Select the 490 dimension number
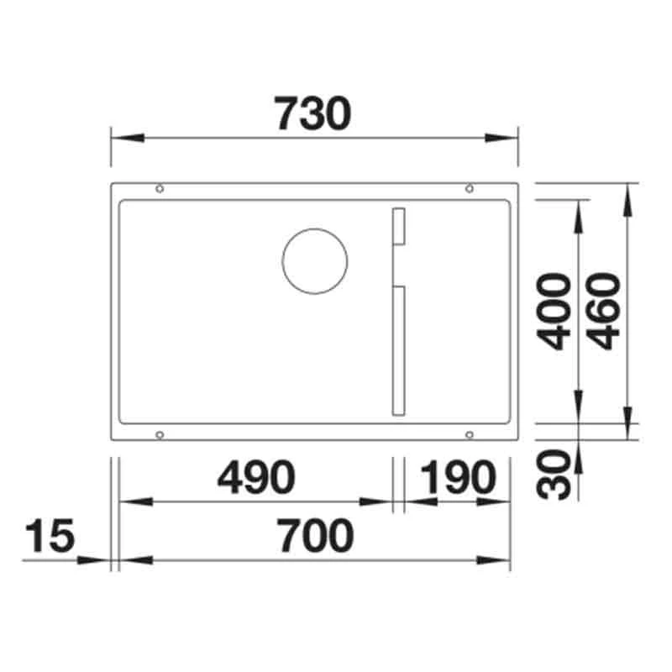point(256,479)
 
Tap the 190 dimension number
point(454,479)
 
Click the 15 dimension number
point(50,536)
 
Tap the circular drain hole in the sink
point(315,260)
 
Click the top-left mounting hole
point(159,188)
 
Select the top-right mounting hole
point(470,188)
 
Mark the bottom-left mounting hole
point(159,434)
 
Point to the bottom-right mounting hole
point(470,434)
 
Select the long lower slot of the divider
point(397,351)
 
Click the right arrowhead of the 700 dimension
point(499,559)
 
